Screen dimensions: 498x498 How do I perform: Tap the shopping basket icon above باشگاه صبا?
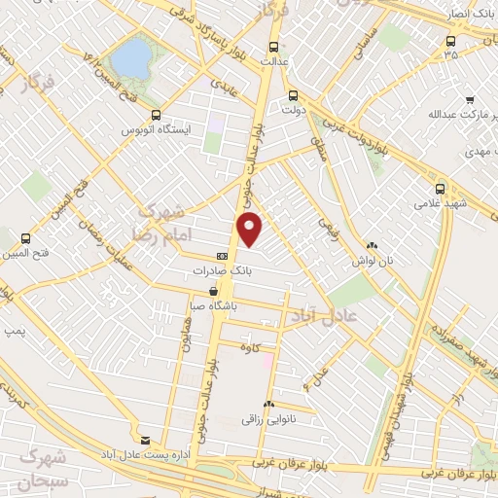point(213,290)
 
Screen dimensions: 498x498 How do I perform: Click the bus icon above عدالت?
point(273,45)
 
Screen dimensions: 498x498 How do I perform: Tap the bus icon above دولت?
point(294,95)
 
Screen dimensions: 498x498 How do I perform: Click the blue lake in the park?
point(131,57)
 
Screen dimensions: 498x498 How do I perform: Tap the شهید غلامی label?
point(441,204)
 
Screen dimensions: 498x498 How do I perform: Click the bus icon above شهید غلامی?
point(441,189)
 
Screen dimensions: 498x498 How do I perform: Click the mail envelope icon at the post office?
point(145,440)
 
